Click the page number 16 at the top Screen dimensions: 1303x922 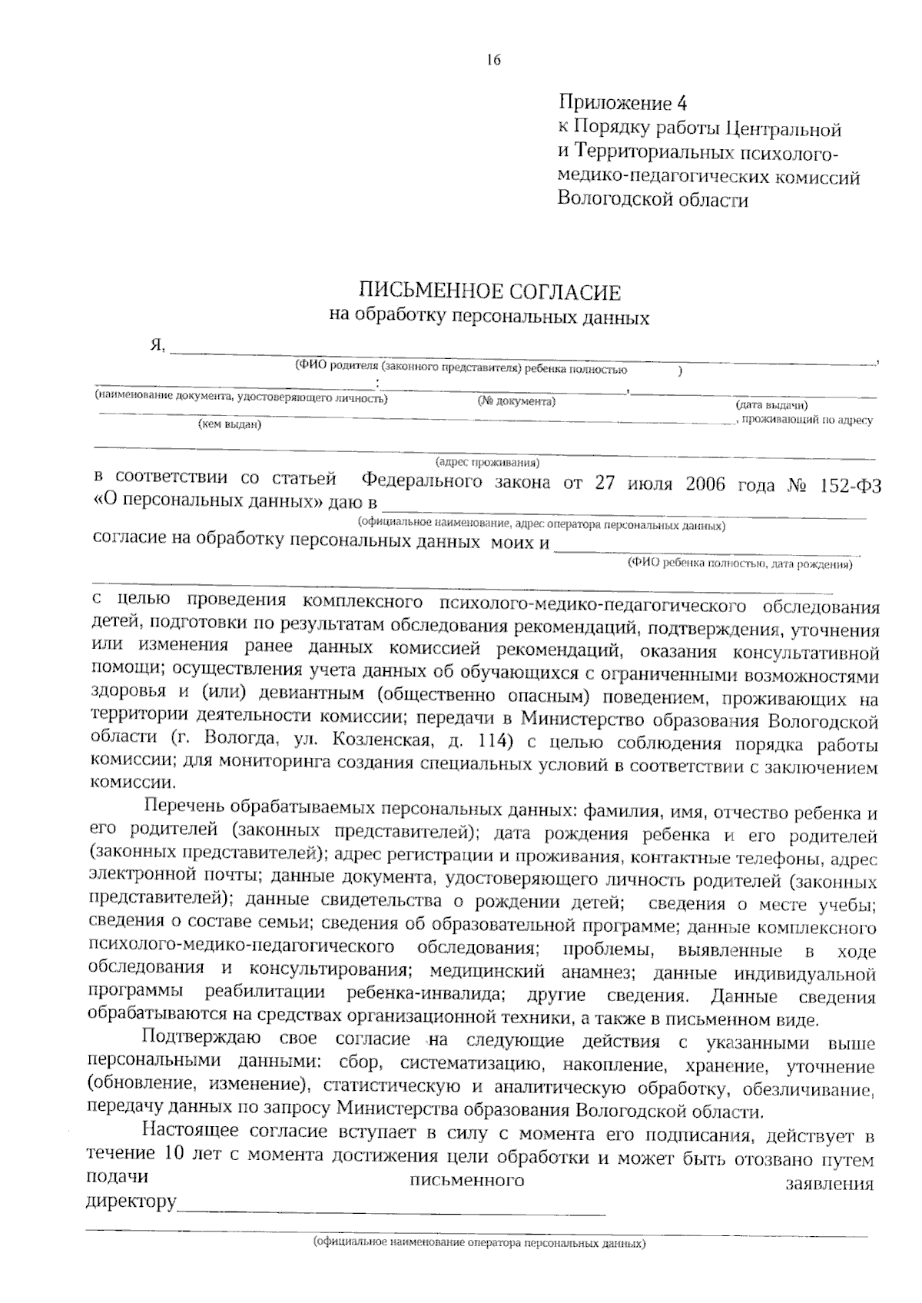click(x=493, y=60)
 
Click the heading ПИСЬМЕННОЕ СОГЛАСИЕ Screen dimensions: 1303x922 click(x=489, y=293)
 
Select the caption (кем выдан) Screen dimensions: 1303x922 click(x=229, y=424)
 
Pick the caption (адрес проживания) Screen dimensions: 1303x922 click(x=487, y=462)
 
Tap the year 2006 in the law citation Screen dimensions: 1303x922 click(x=705, y=484)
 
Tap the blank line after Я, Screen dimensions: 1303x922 click(x=522, y=354)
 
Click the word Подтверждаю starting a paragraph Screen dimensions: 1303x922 click(x=202, y=1042)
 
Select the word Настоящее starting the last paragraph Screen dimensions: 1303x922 click(x=193, y=1132)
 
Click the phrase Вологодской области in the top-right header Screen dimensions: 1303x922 click(x=652, y=201)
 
